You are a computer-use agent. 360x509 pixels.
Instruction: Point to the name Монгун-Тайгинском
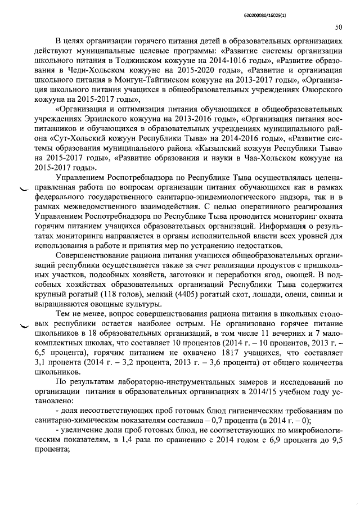pyautogui.click(x=141, y=81)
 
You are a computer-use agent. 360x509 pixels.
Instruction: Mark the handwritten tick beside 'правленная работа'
pyautogui.click(x=25, y=190)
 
